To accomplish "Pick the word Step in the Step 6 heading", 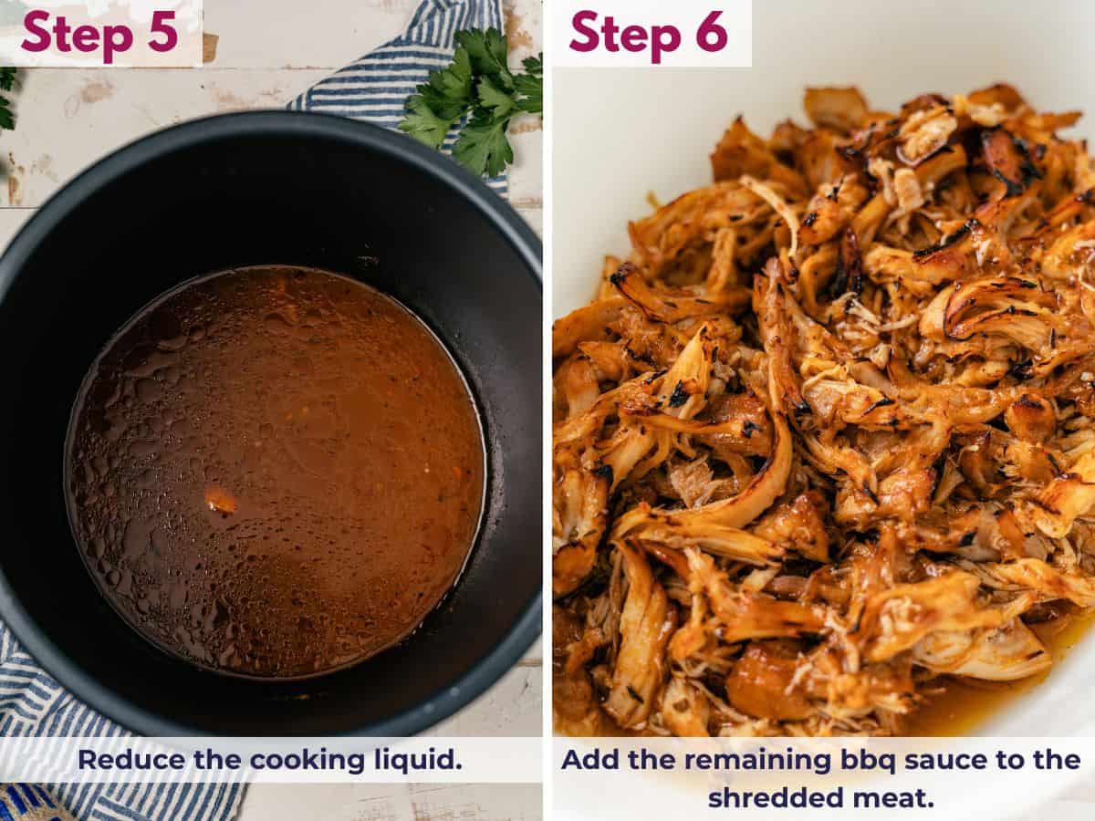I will pyautogui.click(x=623, y=33).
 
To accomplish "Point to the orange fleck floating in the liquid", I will pyautogui.click(x=220, y=500).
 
